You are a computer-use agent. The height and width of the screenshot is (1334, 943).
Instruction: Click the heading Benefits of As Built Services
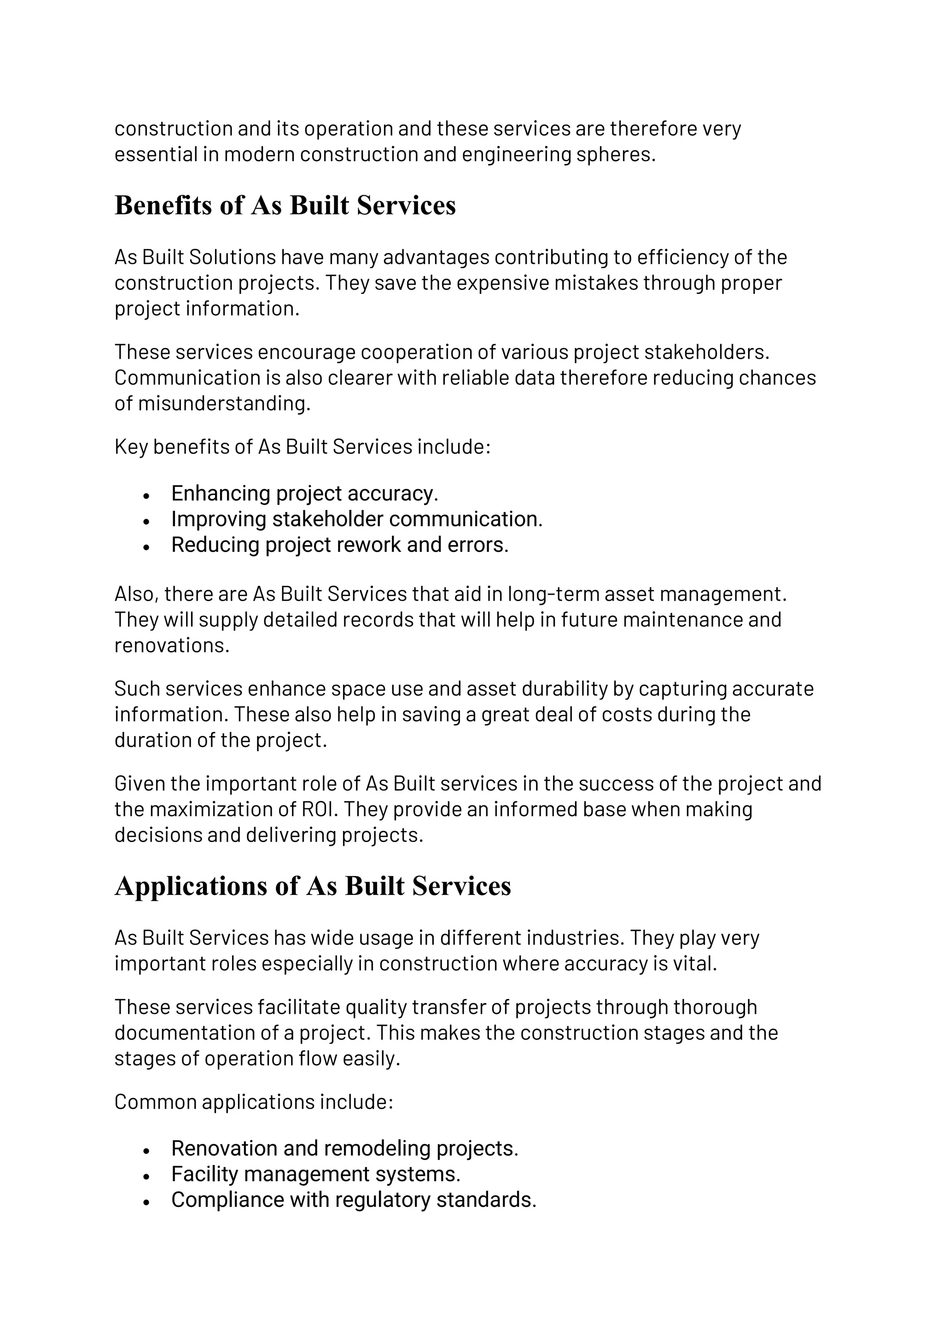pos(285,206)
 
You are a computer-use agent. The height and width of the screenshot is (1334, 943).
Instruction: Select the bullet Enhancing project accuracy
pos(304,493)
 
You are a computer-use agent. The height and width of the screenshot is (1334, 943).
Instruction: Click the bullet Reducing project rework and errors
pos(340,545)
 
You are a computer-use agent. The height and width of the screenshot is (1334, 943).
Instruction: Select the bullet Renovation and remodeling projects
pos(344,1149)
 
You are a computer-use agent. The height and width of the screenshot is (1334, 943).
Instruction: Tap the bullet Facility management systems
pos(315,1174)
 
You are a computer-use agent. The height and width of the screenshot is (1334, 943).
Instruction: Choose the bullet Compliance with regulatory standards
pos(354,1200)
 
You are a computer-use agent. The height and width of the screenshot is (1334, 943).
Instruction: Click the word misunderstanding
pos(224,403)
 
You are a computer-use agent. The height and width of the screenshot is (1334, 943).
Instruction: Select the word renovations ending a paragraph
pos(171,645)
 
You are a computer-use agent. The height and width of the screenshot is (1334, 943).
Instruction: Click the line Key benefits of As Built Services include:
pos(303,447)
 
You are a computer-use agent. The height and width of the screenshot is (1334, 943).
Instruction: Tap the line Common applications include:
pos(254,1102)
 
